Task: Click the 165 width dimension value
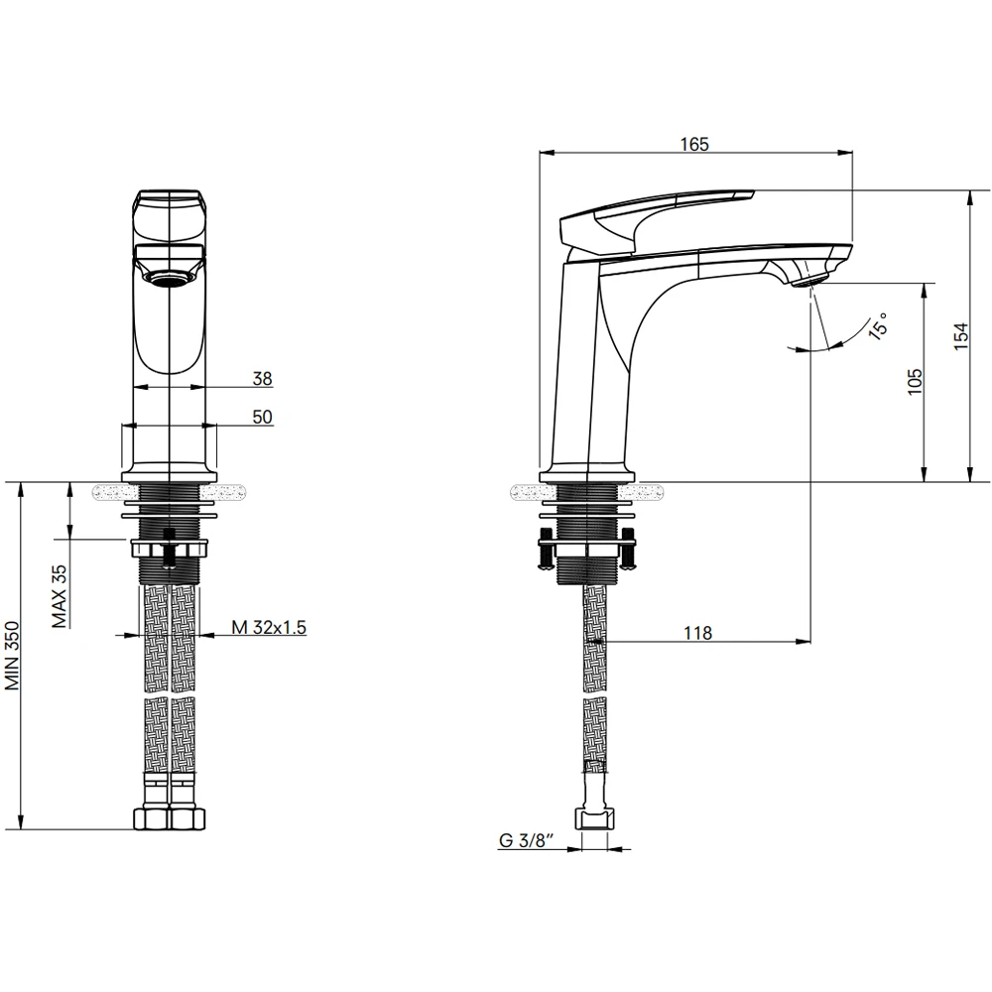pos(694,144)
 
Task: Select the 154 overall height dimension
pos(960,336)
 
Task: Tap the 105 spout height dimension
pos(915,382)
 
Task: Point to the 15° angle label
pos(879,325)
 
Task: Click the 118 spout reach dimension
pos(697,633)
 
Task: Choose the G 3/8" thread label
pos(527,841)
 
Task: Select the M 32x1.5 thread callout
pos(268,627)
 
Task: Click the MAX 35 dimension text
pos(60,596)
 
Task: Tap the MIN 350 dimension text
pos(13,656)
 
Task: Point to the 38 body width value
pos(263,378)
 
